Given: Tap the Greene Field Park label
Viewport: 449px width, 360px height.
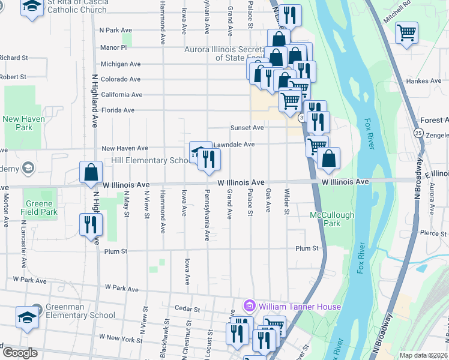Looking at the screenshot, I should pos(39,208).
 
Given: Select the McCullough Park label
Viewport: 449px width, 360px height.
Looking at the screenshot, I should pos(332,219).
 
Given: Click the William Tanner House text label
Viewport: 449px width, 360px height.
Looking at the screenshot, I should pos(300,307).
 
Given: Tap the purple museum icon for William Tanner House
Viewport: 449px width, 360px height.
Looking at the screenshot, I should pos(249,307).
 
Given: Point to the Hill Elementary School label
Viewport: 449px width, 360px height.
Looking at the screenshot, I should pos(150,161).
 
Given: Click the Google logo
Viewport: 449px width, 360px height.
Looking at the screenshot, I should pos(20,353).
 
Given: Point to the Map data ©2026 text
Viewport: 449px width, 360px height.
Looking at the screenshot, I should pos(423,355).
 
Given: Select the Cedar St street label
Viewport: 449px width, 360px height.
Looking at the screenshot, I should pos(187,309).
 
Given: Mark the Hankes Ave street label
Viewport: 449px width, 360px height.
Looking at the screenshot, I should pos(423,81).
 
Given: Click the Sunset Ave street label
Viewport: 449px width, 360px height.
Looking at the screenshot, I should pos(247,128).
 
